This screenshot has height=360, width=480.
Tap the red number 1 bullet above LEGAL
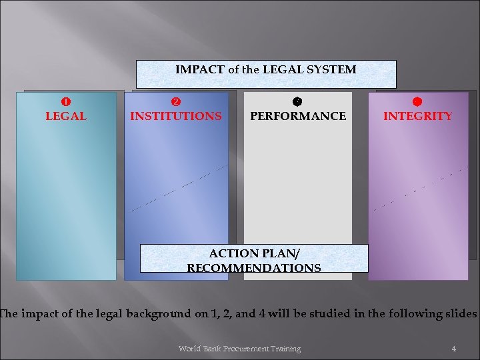click(x=66, y=102)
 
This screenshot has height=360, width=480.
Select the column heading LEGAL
click(x=66, y=116)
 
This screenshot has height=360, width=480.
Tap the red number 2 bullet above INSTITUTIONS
click(x=175, y=102)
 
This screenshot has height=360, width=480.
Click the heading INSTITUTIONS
click(x=176, y=116)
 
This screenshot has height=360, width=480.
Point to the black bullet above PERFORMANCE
click(x=297, y=102)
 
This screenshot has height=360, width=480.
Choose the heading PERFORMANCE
click(x=298, y=116)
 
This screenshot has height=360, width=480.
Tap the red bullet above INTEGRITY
click(x=417, y=102)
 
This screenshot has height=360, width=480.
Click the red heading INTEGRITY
click(x=417, y=116)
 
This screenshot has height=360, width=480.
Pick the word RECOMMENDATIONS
click(x=253, y=269)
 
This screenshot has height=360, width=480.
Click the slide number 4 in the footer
click(x=453, y=349)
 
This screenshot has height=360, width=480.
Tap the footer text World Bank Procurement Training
click(x=239, y=349)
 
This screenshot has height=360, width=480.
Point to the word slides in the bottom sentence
click(x=460, y=313)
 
